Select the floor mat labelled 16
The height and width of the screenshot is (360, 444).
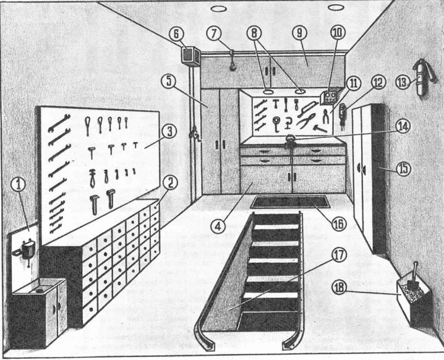[x=289, y=202]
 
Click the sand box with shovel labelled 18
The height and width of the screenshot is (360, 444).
[x=412, y=302]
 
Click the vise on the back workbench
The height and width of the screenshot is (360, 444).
[x=290, y=140]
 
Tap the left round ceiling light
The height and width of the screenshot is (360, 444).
[x=219, y=9]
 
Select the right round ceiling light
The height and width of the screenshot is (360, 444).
[x=335, y=7]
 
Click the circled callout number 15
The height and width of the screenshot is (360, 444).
[x=403, y=168]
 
